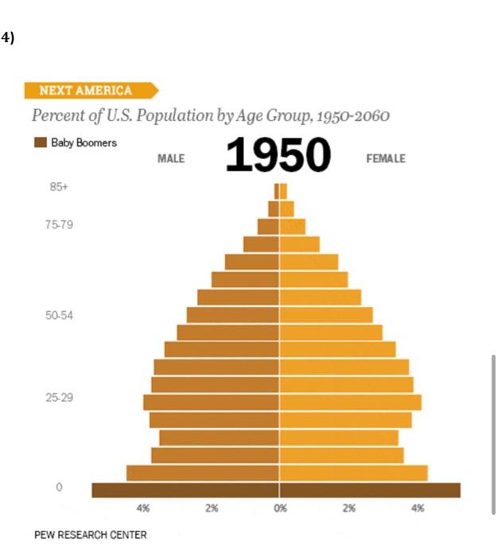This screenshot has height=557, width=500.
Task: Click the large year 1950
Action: pyautogui.click(x=277, y=155)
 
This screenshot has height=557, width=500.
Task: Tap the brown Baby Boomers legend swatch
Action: pyautogui.click(x=41, y=143)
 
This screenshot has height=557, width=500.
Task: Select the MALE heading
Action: pyautogui.click(x=171, y=159)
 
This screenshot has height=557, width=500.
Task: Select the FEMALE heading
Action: pyautogui.click(x=386, y=159)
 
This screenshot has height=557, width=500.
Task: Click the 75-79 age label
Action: pyautogui.click(x=60, y=225)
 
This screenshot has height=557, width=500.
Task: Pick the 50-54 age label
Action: pyautogui.click(x=60, y=316)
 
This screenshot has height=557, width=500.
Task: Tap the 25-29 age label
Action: pyautogui.click(x=60, y=398)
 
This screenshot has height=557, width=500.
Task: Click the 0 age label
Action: pyautogui.click(x=59, y=488)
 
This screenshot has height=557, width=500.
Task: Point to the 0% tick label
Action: pyautogui.click(x=279, y=508)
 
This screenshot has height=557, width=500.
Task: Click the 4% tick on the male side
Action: pyautogui.click(x=143, y=508)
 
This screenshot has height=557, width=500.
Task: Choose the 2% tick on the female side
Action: pyautogui.click(x=348, y=508)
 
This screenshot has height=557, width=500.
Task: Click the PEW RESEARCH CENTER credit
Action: pyautogui.click(x=91, y=535)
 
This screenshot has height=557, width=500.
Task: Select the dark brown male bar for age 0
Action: pyautogui.click(x=185, y=490)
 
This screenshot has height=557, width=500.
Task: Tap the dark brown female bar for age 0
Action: pyautogui.click(x=370, y=490)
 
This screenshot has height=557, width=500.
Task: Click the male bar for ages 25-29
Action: pyautogui.click(x=211, y=402)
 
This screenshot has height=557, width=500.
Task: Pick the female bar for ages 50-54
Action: pyautogui.click(x=326, y=315)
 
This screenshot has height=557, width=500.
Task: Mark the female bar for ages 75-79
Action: pyautogui.click(x=293, y=226)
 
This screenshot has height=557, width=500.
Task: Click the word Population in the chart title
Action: pyautogui.click(x=176, y=116)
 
